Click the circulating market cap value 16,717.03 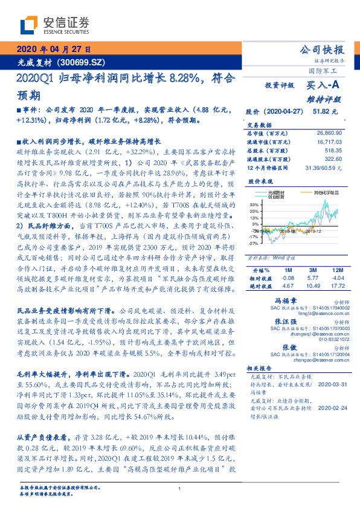pos(329,140)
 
